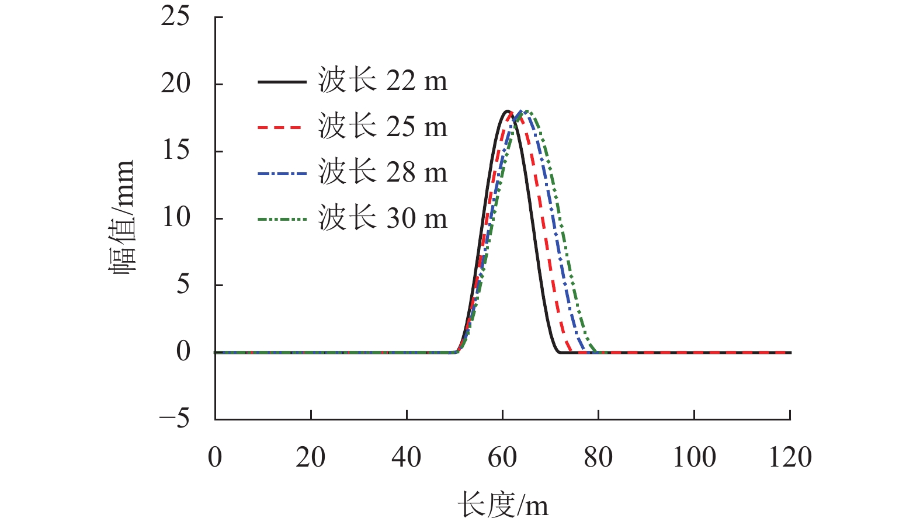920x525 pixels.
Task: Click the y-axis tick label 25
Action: coord(175,16)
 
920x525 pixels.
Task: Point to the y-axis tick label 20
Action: coord(175,84)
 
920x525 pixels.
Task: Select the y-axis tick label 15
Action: coord(175,151)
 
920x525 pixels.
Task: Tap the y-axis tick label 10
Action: coord(175,218)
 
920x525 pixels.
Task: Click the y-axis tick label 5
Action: coord(183,285)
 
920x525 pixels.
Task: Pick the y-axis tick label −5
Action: coord(174,419)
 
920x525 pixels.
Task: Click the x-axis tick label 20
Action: coord(310,457)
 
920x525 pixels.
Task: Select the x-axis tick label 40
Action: coord(406,457)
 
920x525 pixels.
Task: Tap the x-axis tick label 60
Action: coord(502,457)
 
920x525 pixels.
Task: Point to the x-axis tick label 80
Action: coord(598,457)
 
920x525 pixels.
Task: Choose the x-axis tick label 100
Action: coord(694,457)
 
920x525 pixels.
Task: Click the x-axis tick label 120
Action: coord(790,457)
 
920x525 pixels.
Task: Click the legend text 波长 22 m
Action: coord(383,81)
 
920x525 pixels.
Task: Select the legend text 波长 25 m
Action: coord(383,127)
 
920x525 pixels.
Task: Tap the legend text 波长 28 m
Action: coord(383,173)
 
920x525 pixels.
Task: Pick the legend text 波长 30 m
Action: coord(383,219)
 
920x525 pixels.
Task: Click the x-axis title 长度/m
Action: coord(502,505)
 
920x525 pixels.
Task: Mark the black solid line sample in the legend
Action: coord(282,82)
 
